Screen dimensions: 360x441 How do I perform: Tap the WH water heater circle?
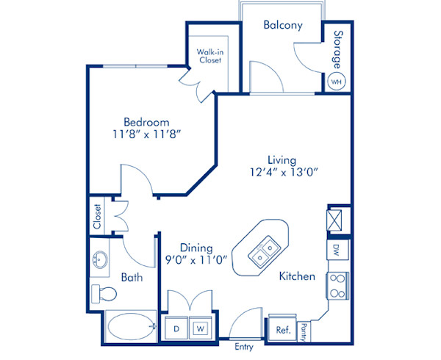[x=337, y=81]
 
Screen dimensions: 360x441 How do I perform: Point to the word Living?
[x=282, y=159]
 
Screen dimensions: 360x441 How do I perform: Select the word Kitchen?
[x=297, y=276]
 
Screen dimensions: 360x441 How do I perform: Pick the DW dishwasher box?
[x=337, y=248]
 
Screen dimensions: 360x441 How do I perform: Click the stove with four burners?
[x=337, y=286]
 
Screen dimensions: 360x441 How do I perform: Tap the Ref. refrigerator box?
[x=283, y=330]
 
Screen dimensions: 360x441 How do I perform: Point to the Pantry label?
[x=303, y=331]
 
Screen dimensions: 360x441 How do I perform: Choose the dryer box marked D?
[x=176, y=329]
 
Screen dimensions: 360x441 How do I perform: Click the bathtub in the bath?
[x=128, y=325]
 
